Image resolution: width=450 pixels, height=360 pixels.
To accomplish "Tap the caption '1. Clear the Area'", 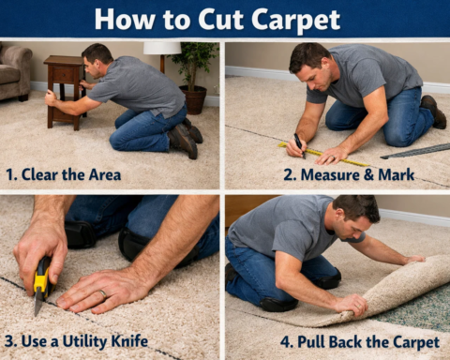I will pos(63,172).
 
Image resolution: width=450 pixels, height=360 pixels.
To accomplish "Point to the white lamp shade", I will pos(161,48).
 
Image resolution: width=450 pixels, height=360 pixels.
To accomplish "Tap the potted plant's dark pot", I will pos(194,99).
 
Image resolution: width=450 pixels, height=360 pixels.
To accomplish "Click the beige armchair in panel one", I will pos(13,72).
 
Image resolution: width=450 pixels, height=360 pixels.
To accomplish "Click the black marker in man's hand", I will pos(299,143).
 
